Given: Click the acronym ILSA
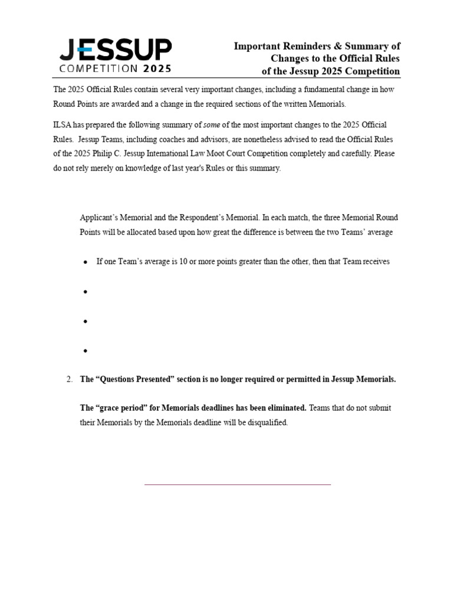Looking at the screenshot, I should [63, 126].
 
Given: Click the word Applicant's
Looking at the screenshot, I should [101, 218].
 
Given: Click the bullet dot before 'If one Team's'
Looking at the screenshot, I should [86, 262].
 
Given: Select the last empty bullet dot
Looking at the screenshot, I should [86, 351].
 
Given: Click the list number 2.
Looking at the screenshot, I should [68, 379].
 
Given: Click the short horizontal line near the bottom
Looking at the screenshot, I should [238, 485].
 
